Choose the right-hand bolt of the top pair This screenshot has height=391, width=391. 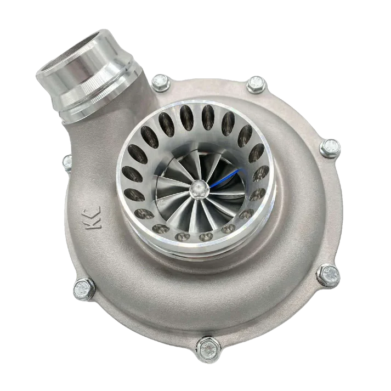255,84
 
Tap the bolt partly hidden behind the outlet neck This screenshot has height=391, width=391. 67,162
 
